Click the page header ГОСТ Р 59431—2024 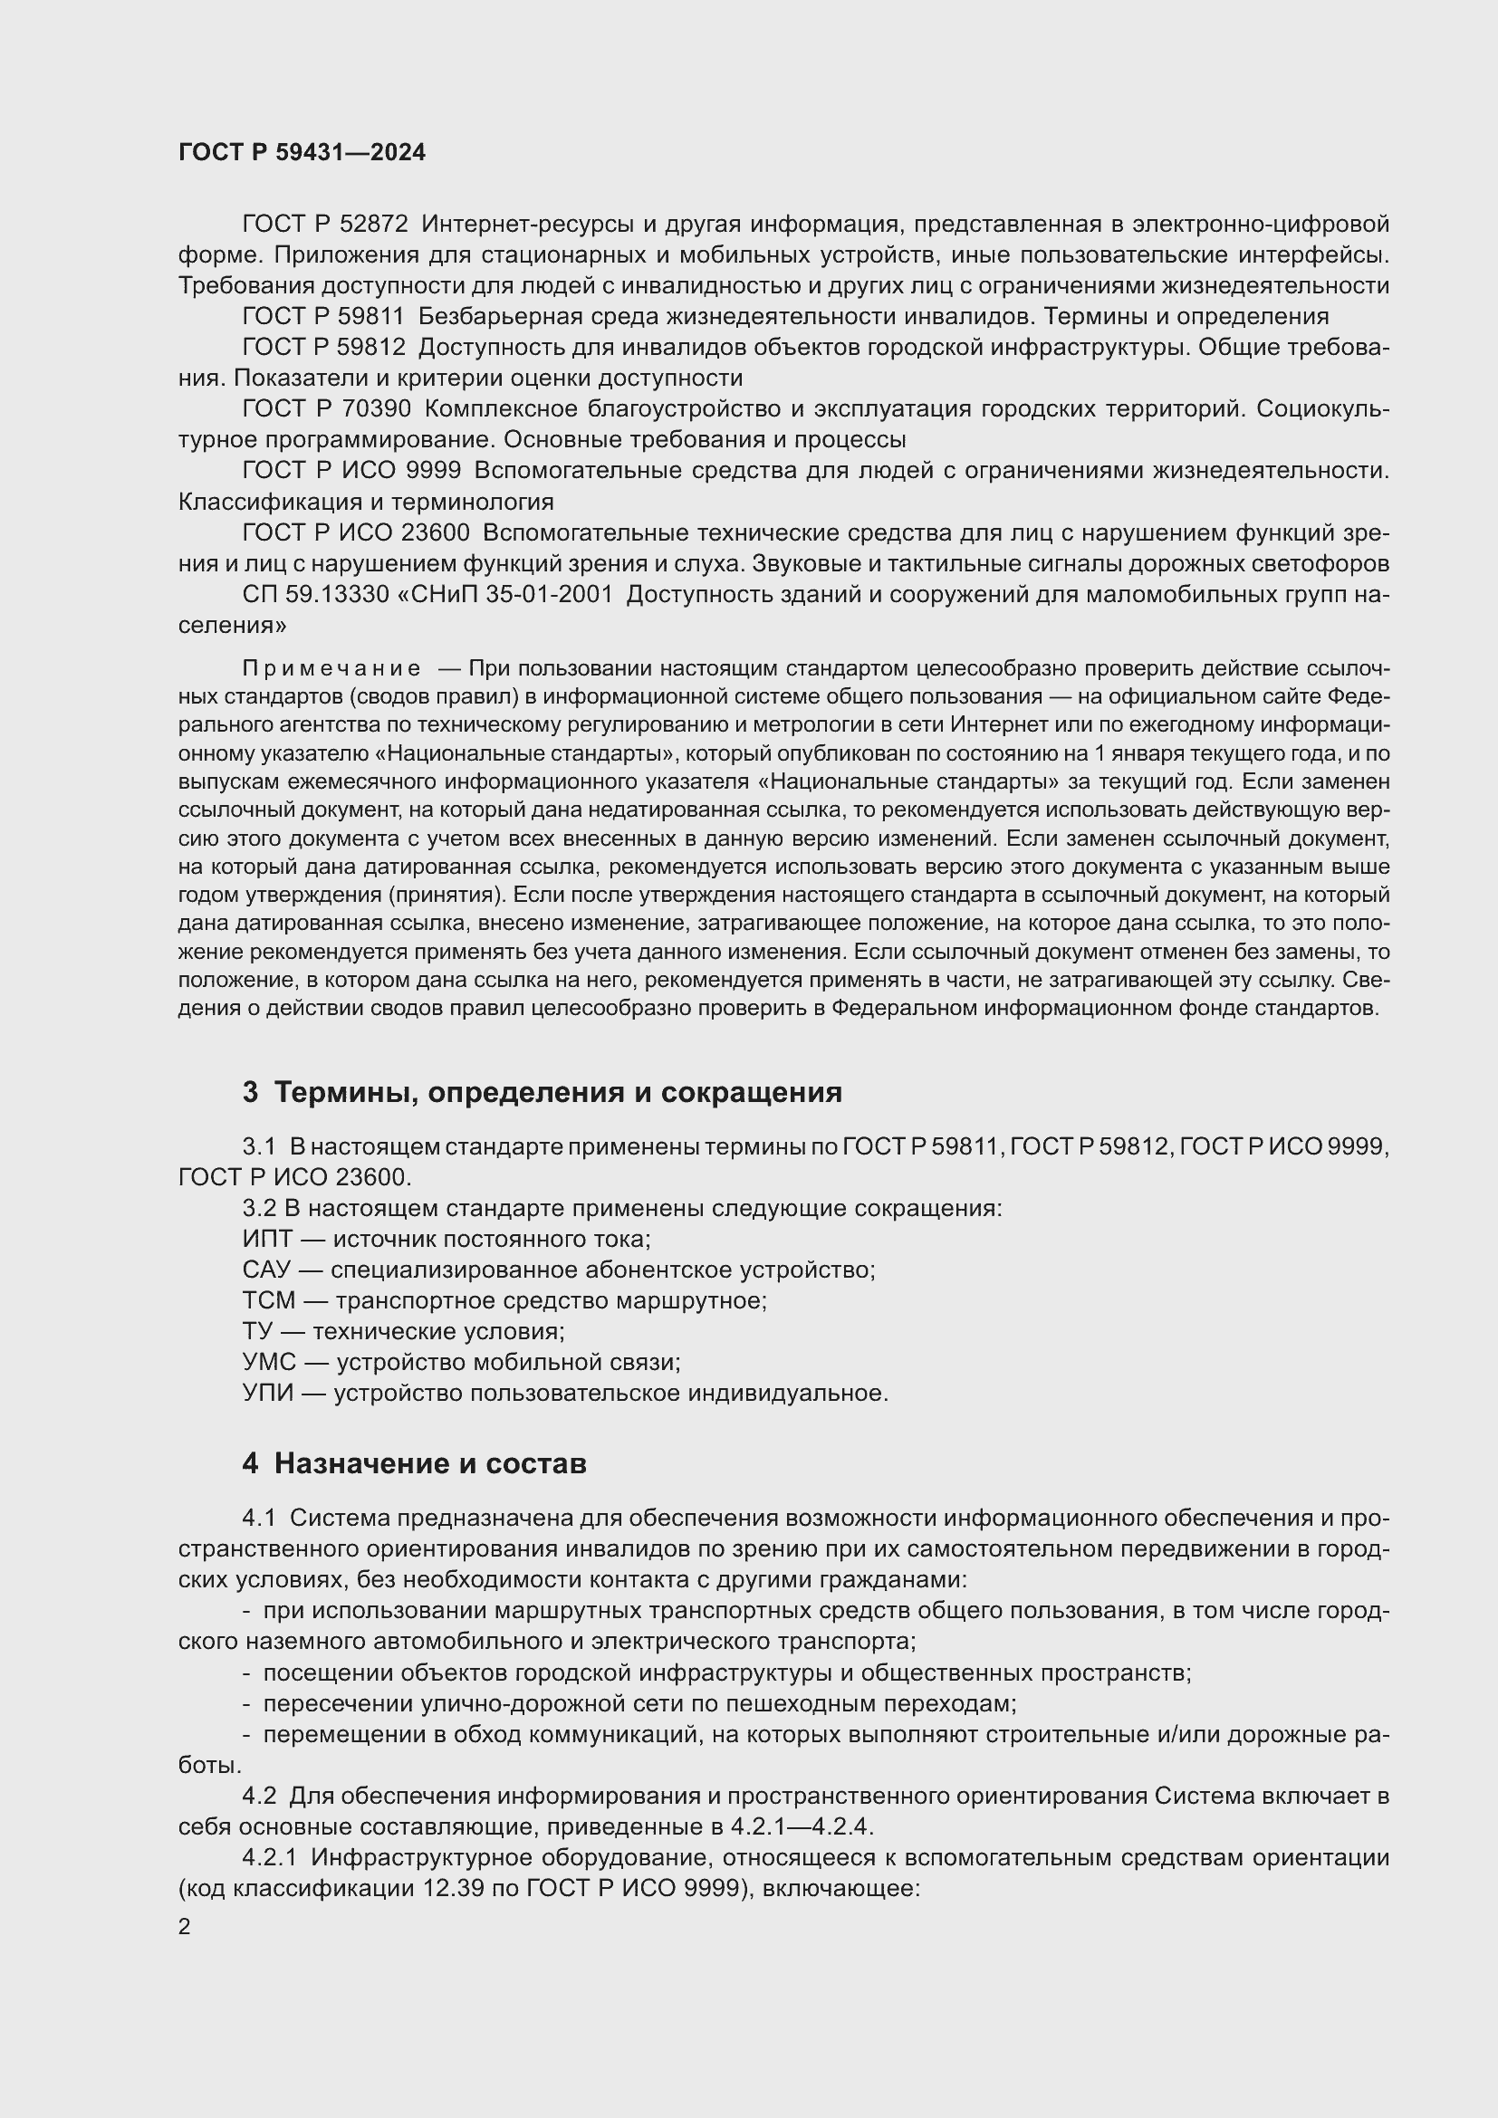point(302,153)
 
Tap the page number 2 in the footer point(185,1927)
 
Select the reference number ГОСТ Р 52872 point(325,225)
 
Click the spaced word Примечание point(331,668)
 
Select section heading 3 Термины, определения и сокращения point(543,1092)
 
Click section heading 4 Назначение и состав point(414,1464)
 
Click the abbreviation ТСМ point(269,1300)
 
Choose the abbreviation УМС point(269,1363)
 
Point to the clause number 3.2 point(259,1209)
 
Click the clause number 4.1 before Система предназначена point(259,1519)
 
